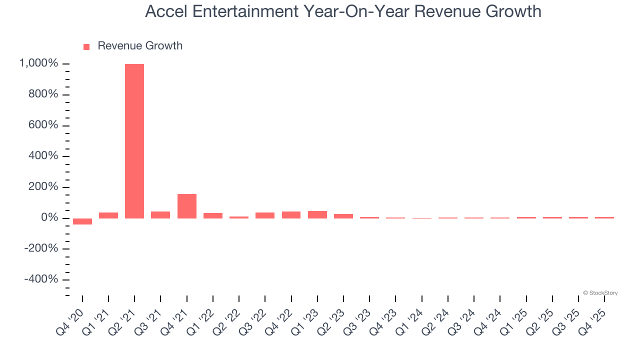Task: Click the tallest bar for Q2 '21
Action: [134, 141]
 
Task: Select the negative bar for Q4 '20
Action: [82, 221]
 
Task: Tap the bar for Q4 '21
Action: [187, 206]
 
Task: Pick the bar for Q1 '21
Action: [108, 215]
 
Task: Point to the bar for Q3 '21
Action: [160, 215]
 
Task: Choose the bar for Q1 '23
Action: [317, 215]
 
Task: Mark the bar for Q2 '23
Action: [343, 216]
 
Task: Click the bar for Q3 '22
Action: [265, 215]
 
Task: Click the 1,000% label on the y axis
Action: [39, 64]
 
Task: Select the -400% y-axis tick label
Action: [41, 279]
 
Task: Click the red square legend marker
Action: [86, 46]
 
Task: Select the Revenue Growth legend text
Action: [140, 46]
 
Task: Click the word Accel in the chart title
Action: [165, 11]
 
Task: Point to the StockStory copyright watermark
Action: [600, 293]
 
